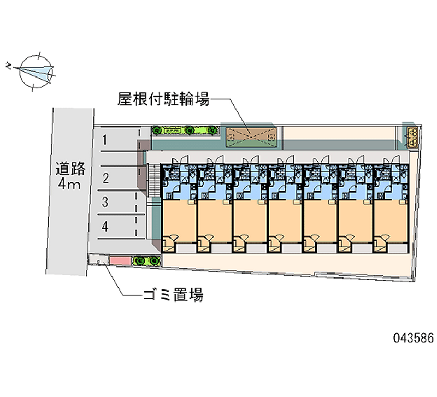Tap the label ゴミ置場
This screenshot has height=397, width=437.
[173, 296]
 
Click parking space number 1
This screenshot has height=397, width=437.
[104, 140]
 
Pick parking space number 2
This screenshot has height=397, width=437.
[105, 177]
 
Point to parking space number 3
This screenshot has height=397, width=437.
[105, 202]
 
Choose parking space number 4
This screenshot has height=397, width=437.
[105, 226]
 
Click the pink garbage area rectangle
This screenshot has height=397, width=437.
[118, 261]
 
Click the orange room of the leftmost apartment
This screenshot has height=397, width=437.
[178, 221]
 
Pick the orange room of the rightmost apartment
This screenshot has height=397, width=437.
[390, 221]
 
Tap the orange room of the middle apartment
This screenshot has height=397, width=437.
[284, 221]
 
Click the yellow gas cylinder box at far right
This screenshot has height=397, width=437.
[411, 136]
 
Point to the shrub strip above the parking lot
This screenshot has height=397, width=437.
[184, 131]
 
